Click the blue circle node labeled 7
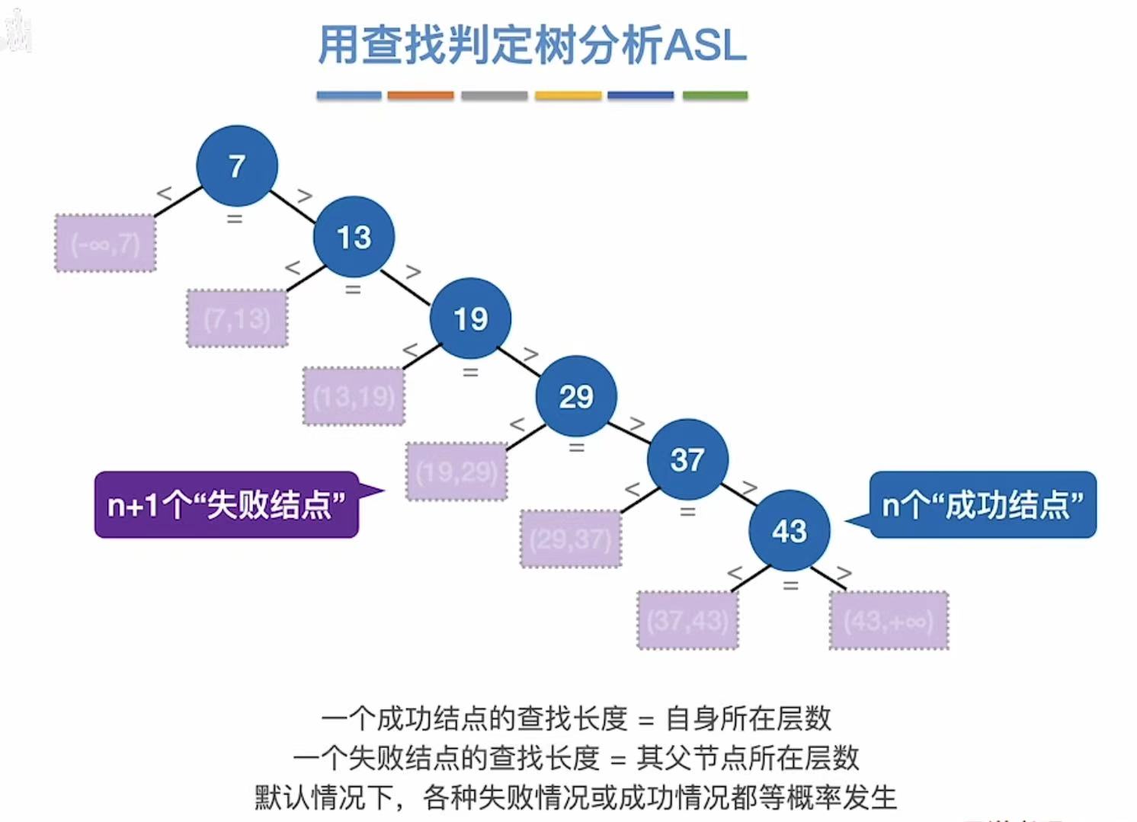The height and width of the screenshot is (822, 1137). (236, 166)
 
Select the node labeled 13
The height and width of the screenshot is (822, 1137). (354, 237)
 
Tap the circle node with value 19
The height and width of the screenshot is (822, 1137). (470, 318)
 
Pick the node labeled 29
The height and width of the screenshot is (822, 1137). (576, 396)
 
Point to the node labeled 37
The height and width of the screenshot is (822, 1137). (687, 459)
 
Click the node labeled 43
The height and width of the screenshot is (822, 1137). (789, 531)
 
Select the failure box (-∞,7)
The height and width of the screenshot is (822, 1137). (105, 244)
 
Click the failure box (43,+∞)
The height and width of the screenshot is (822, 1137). (889, 621)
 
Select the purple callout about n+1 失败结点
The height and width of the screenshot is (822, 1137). (226, 505)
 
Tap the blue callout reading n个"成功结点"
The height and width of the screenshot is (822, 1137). (983, 505)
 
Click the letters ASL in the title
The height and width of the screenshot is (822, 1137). (706, 46)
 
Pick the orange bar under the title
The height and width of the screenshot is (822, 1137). (420, 96)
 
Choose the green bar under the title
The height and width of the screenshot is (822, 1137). (715, 96)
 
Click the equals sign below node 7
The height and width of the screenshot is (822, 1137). (235, 219)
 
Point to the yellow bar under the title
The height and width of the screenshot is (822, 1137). (568, 96)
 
